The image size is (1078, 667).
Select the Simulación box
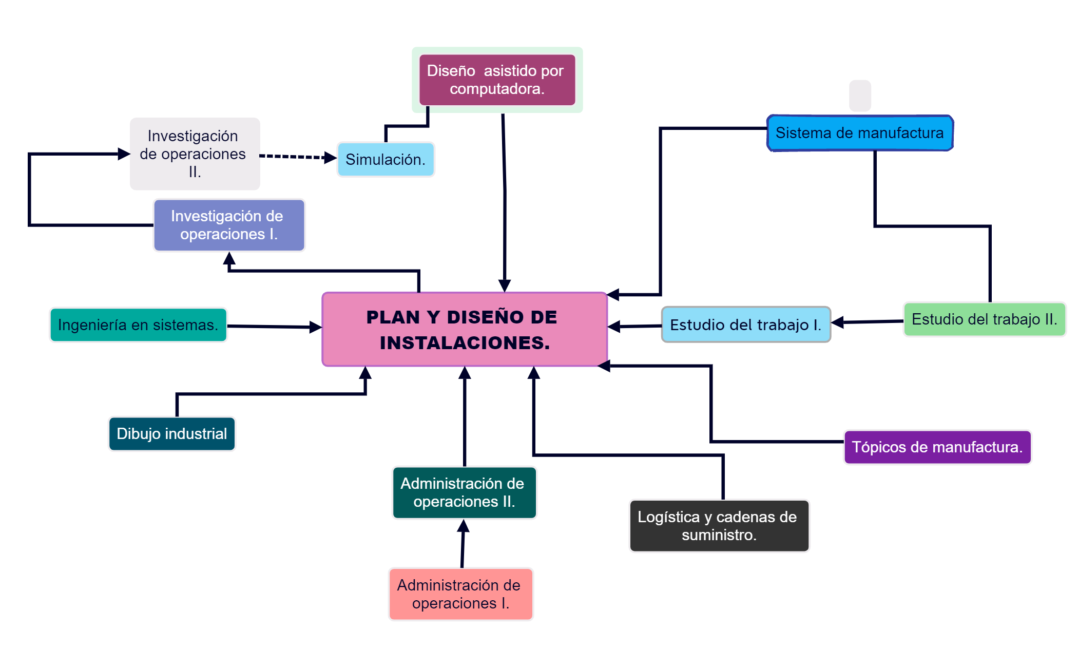[x=386, y=160]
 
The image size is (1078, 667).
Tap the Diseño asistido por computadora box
[x=497, y=80]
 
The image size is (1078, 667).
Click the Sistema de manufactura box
[x=860, y=133]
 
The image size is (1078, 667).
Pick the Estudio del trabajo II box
[x=984, y=319]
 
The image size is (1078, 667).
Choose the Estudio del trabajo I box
[x=745, y=325]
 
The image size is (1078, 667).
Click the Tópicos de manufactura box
[x=937, y=447]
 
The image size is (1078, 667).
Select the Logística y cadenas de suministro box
[x=719, y=526]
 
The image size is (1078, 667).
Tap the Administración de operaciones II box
[x=464, y=492]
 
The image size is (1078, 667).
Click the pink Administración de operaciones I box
[x=460, y=594]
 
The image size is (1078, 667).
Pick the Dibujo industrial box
[x=171, y=434]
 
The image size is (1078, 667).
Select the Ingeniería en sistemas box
[x=138, y=325]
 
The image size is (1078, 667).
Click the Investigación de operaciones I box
[x=229, y=225]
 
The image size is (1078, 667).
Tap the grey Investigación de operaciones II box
[x=195, y=154]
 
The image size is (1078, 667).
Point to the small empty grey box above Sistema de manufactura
[x=860, y=96]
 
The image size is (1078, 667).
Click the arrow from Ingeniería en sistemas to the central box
[x=272, y=327]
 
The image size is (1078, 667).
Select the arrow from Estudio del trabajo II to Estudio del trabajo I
[x=868, y=322]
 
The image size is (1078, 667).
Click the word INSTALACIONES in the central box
[x=465, y=343]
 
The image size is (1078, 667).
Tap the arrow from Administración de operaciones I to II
[x=463, y=544]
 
